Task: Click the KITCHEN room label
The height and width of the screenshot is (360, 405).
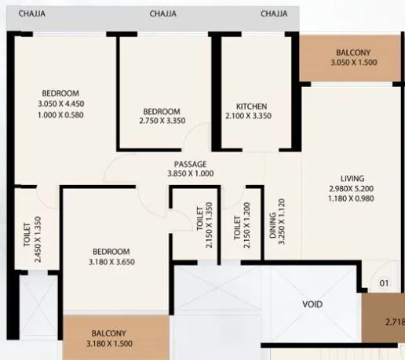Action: click(252, 106)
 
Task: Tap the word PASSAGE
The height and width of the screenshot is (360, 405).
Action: click(190, 164)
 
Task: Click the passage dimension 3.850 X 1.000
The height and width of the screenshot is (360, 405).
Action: click(190, 174)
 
